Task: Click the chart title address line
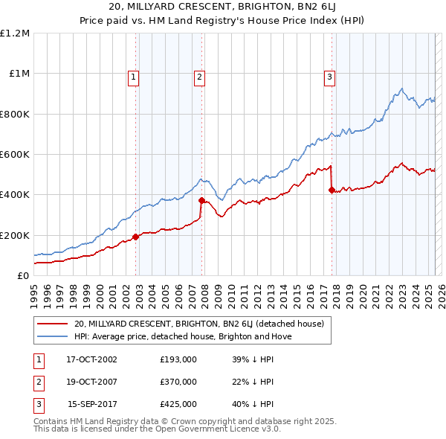tap(223, 8)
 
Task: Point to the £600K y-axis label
tap(15, 155)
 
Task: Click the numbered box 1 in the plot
tap(133, 75)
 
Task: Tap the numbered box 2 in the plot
tap(200, 75)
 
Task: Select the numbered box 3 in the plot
tap(329, 75)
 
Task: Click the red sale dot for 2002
tap(136, 237)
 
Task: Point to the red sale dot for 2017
tap(332, 190)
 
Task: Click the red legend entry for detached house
tap(198, 324)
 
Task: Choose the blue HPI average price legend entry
tap(184, 336)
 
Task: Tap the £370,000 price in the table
tap(178, 382)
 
